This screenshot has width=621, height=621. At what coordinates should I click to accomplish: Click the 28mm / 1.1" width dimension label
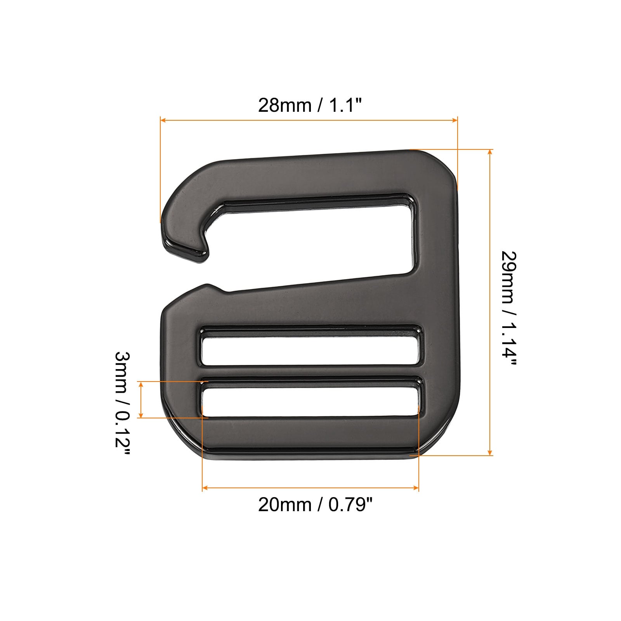[310, 105]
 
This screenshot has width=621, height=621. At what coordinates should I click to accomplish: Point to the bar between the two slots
[310, 371]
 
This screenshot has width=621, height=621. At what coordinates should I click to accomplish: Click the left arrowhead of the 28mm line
[163, 120]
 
